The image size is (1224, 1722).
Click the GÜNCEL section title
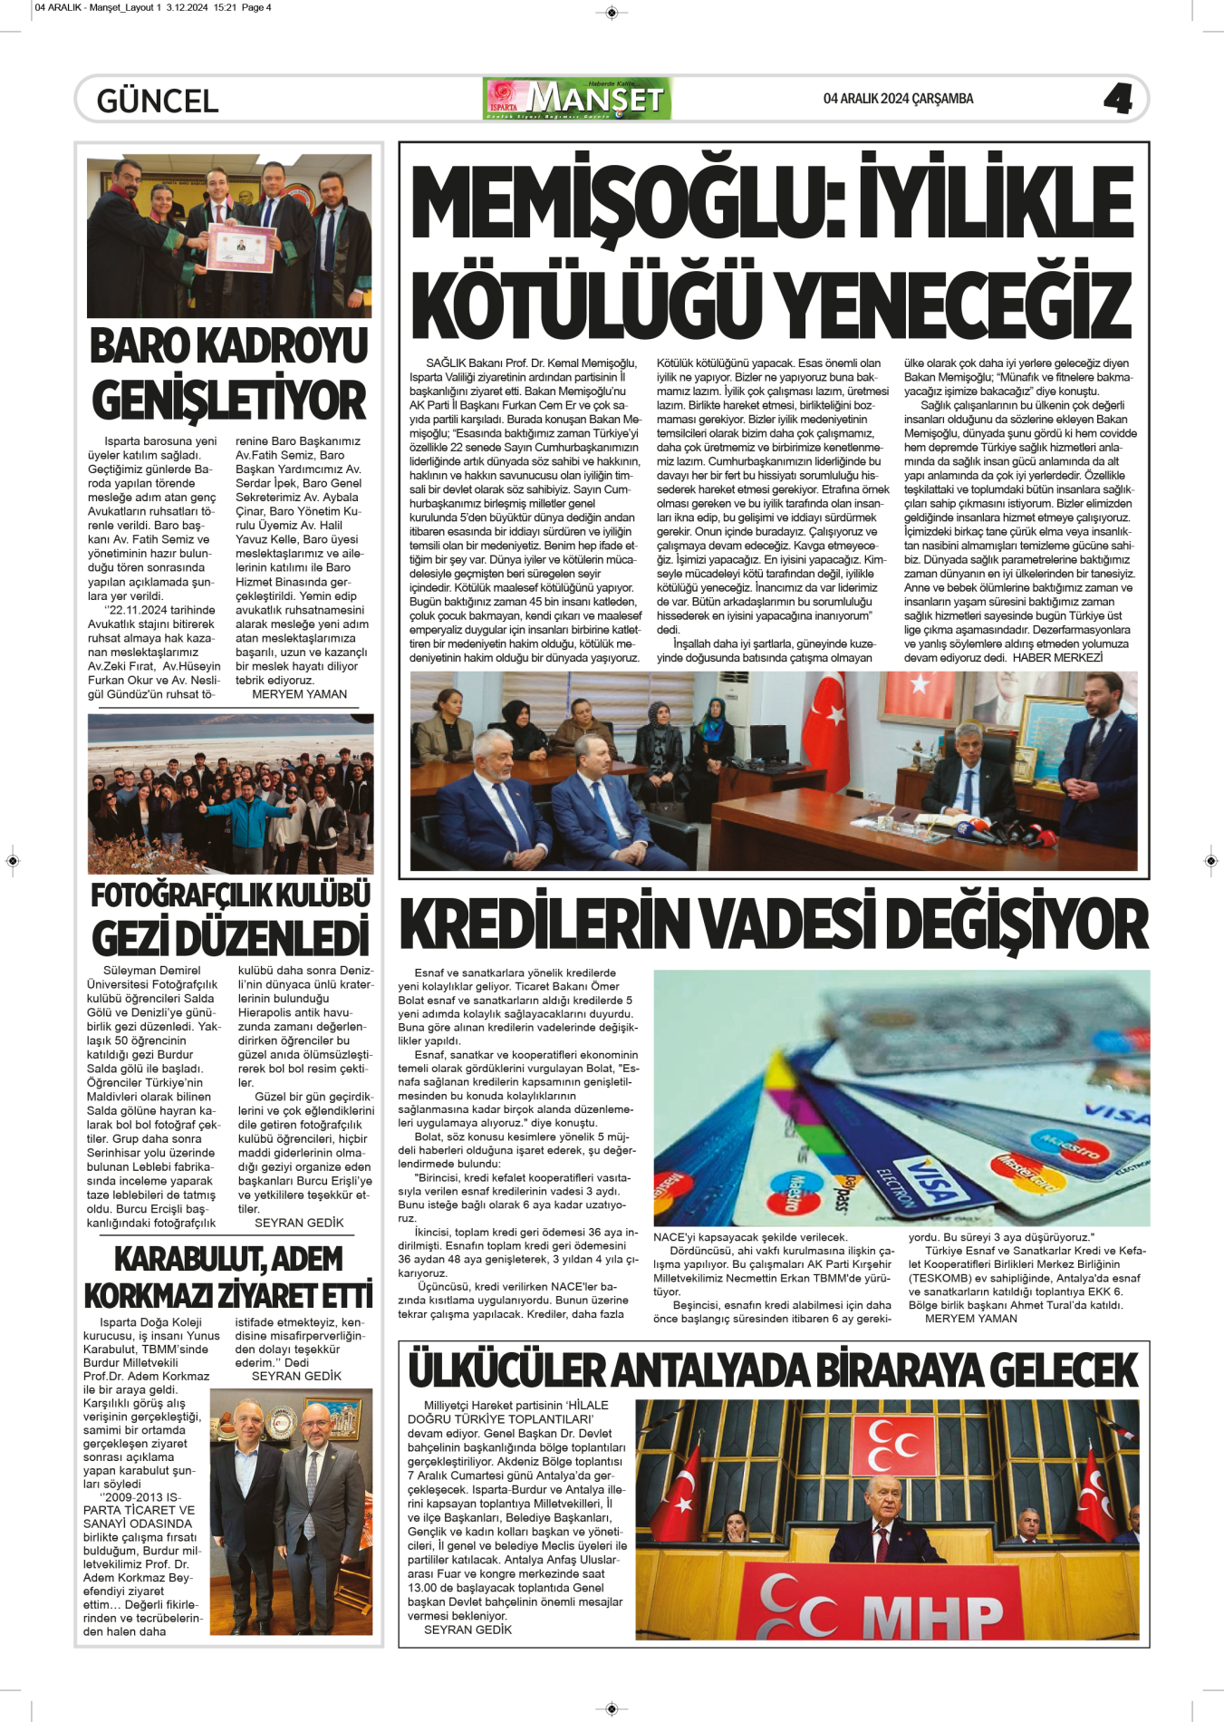pos(158,101)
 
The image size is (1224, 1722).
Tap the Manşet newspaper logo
pos(577,99)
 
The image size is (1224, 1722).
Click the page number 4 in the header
pos(1118,99)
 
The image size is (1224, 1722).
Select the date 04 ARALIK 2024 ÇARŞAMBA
pos(898,99)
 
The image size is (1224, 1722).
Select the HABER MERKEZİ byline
pos(1057,658)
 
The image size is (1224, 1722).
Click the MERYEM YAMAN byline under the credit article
pos(970,1319)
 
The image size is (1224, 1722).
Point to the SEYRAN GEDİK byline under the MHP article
pos(467,1630)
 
